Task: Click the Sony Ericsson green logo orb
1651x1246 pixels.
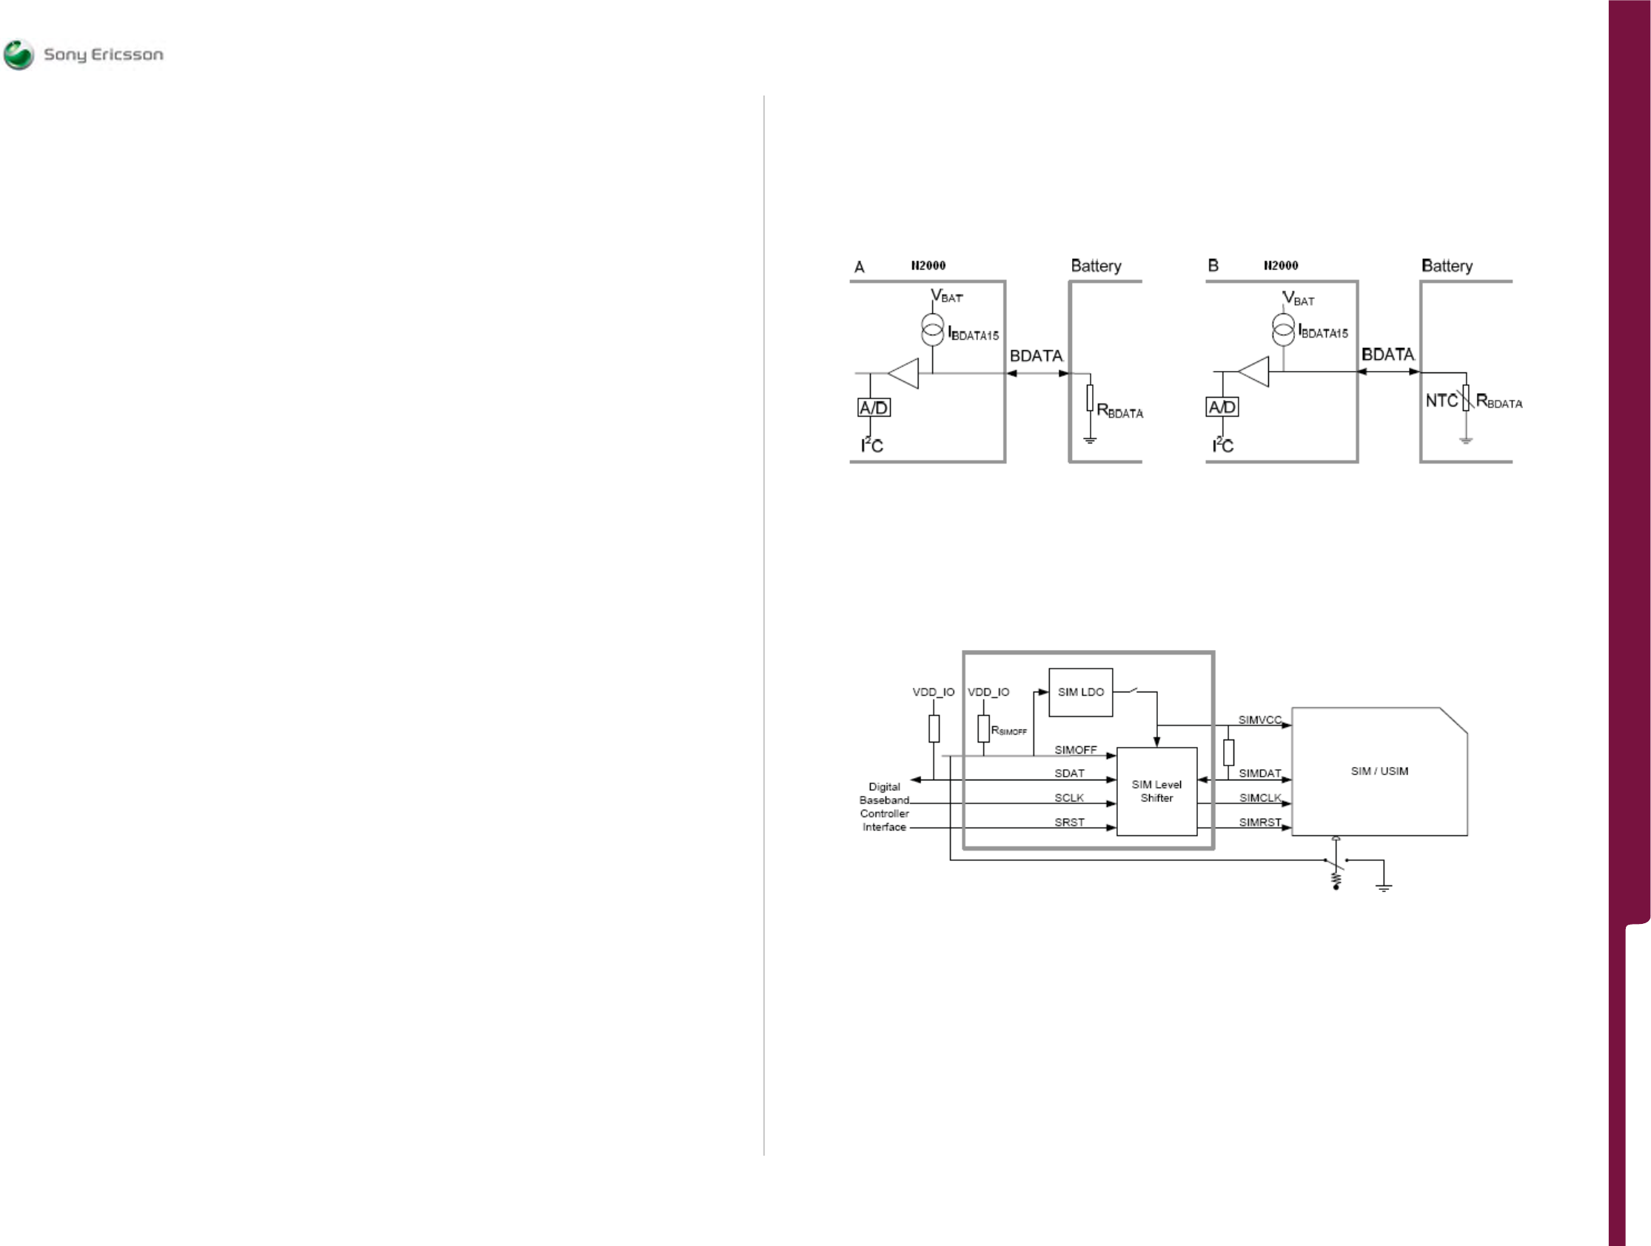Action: coord(19,55)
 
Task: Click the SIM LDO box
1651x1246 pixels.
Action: coord(1080,692)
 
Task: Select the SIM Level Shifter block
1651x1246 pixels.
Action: coord(1156,791)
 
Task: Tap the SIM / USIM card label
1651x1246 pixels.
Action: coord(1379,771)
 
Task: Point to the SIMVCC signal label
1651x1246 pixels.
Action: coord(1259,720)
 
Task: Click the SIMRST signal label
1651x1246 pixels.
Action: coord(1260,822)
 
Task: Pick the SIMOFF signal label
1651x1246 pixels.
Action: coord(1075,749)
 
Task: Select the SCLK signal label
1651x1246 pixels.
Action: coord(1069,798)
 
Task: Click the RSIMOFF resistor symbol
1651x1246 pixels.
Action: coord(984,728)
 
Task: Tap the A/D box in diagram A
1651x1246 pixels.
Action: coord(874,408)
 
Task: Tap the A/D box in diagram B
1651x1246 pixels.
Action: coord(1222,407)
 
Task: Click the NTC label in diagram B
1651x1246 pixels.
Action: coord(1441,401)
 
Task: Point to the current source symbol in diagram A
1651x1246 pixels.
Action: coord(932,330)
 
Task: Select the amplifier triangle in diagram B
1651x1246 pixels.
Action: coord(1255,372)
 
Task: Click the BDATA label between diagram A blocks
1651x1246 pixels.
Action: coord(1036,356)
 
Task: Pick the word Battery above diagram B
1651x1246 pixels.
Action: coord(1447,266)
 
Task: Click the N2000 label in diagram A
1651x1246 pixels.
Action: coord(928,266)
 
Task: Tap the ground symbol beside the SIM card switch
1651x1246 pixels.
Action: coord(1384,887)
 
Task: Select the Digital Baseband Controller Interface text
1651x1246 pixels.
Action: coord(885,807)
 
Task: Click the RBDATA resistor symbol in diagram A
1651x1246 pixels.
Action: coord(1090,398)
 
